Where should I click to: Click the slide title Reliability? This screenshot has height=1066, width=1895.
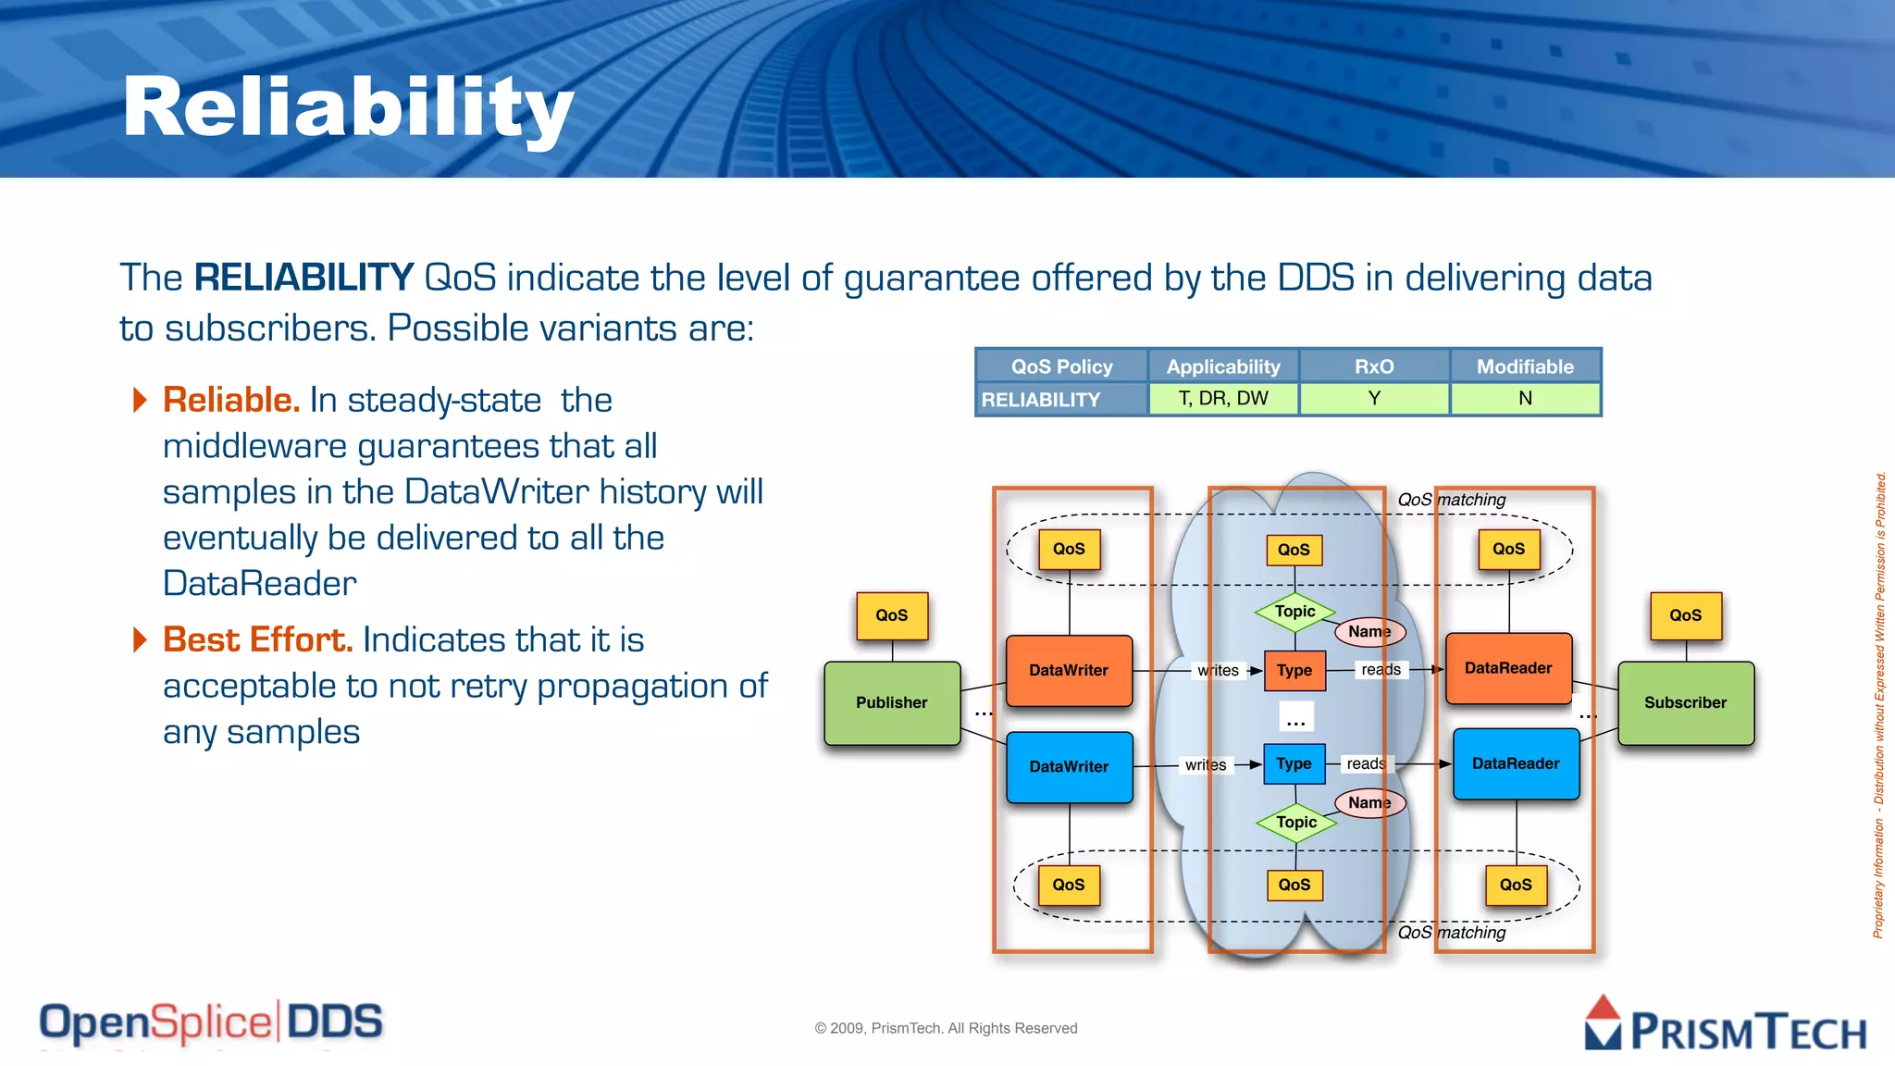(348, 108)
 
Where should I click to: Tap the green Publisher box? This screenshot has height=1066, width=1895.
(891, 702)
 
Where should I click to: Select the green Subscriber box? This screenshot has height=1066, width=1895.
(1685, 702)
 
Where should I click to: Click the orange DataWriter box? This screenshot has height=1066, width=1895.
(1069, 670)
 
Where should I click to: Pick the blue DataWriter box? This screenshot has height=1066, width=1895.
(1069, 766)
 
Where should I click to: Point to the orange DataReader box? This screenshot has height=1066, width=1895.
(1508, 668)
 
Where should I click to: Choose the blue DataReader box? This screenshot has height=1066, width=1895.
(1516, 763)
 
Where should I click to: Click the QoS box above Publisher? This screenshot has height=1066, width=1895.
(891, 615)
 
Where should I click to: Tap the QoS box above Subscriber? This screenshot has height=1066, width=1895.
(1685, 615)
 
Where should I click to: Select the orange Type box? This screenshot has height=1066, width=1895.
(1294, 670)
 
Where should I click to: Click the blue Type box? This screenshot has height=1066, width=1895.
(1294, 763)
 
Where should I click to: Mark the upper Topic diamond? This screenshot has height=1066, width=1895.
(1294, 612)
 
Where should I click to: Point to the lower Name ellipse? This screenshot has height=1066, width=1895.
(1369, 802)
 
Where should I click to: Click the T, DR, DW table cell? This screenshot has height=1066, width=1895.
(1223, 399)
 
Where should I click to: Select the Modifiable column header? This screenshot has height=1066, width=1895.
(1525, 366)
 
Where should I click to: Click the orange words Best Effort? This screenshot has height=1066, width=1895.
(257, 639)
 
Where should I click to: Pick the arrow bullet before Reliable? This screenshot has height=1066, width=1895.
(140, 400)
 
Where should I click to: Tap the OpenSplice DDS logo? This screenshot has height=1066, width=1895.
(211, 1023)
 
